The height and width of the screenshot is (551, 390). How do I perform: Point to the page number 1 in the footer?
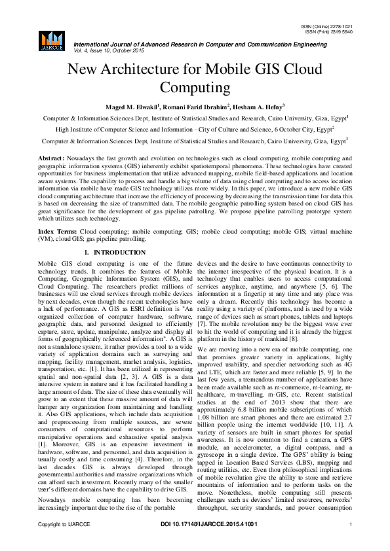click(351, 543)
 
